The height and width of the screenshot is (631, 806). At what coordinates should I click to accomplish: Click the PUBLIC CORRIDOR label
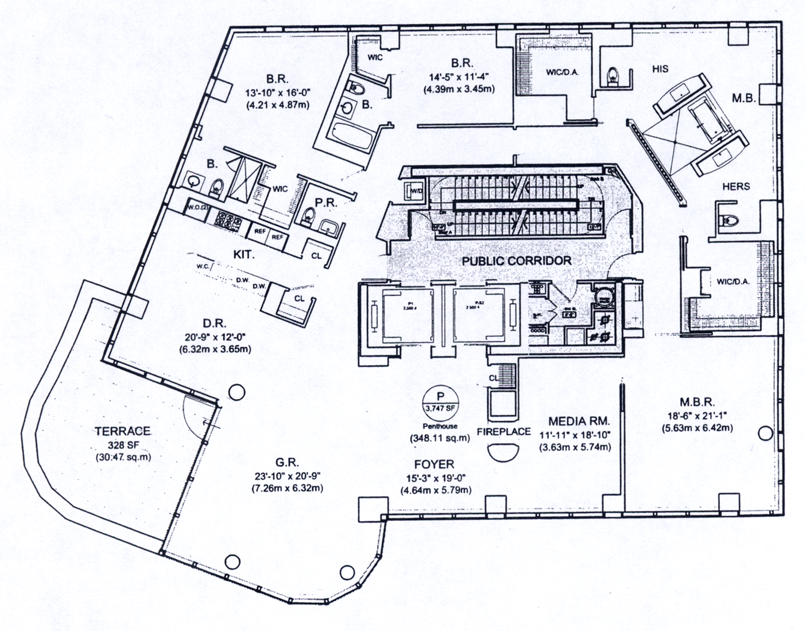point(517,261)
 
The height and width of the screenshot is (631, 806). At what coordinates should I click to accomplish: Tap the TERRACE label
point(123,431)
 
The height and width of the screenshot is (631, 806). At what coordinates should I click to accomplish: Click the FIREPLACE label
point(503,431)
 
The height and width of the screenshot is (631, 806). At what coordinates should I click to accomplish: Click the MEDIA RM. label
point(575,420)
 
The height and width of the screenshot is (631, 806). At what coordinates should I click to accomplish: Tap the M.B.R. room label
point(697,402)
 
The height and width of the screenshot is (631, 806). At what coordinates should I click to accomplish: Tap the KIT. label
point(243,253)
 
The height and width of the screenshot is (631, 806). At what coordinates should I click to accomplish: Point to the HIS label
point(660,68)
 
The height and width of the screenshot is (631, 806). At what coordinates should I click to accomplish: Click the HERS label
point(737,186)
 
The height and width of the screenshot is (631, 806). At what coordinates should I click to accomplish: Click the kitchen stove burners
point(228,220)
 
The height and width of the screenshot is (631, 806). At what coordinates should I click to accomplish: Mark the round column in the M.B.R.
point(765,433)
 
